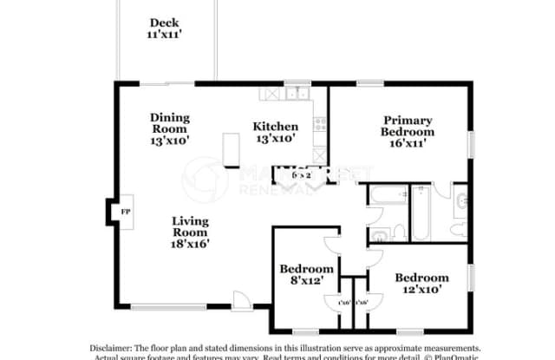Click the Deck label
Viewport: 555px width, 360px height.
click(x=164, y=23)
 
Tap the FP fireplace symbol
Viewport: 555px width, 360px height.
click(x=125, y=212)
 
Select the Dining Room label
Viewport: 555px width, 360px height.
click(x=169, y=123)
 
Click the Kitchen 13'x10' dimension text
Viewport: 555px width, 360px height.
click(x=276, y=138)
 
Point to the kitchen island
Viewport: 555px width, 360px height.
click(x=231, y=149)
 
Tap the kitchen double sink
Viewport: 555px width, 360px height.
click(x=297, y=92)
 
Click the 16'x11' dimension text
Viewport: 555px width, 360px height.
click(x=408, y=144)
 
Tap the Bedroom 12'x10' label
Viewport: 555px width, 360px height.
click(x=421, y=284)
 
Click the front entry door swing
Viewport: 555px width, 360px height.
click(x=242, y=300)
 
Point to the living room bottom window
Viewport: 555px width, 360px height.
click(x=168, y=306)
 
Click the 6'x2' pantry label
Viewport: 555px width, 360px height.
click(x=301, y=175)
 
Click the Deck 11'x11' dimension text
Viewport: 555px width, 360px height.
click(x=164, y=36)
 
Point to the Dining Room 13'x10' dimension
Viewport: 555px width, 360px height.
click(x=169, y=139)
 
